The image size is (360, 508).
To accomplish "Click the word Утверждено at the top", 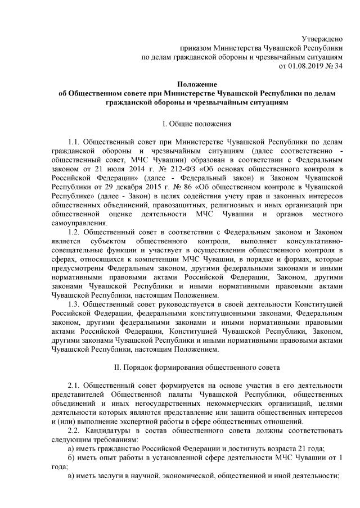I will pyautogui.click(x=322, y=39).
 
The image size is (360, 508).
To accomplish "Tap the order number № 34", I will pyautogui.click(x=334, y=66).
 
